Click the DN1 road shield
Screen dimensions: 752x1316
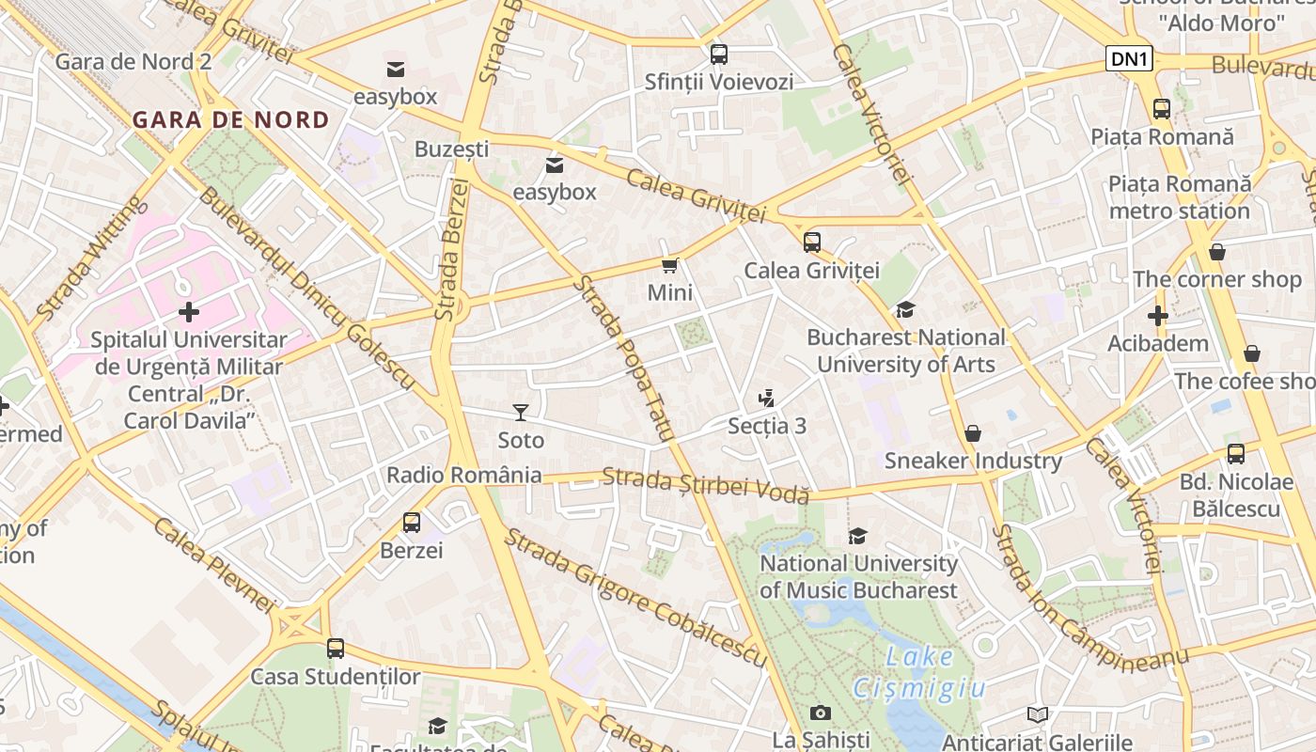pos(1128,59)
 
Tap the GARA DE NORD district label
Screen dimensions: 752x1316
pos(230,120)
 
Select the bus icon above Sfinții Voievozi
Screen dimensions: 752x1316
pos(719,55)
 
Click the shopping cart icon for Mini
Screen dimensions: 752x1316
pos(669,266)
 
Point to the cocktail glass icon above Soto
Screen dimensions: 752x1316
pos(520,412)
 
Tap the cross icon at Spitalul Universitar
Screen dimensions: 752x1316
pos(189,310)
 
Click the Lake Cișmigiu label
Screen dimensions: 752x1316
pos(919,673)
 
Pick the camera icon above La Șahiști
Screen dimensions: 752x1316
pos(821,713)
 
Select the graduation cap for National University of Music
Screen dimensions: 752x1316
pos(857,536)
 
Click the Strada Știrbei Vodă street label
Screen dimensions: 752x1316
pos(705,485)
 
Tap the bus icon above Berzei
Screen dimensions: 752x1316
pos(411,523)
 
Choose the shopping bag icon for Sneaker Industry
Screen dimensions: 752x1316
pos(973,433)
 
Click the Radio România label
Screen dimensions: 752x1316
pos(464,475)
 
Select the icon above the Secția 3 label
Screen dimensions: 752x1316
pos(767,399)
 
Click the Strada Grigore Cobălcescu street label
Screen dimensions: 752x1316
pos(635,598)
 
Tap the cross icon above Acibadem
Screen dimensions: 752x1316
pos(1157,316)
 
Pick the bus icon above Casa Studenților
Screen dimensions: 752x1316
pos(336,649)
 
